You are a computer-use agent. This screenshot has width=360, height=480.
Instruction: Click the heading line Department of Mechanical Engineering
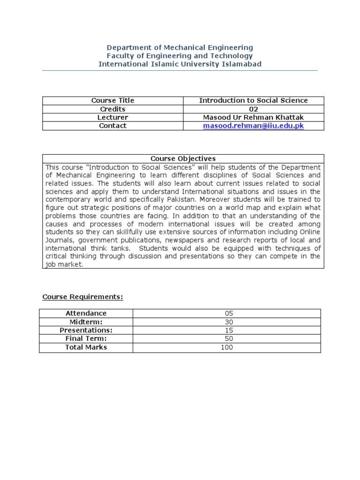point(180,47)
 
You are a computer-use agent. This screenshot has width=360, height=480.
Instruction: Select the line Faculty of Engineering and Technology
point(180,56)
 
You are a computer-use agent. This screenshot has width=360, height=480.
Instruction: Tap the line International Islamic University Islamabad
point(180,64)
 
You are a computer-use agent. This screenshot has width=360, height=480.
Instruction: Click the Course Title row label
point(112,100)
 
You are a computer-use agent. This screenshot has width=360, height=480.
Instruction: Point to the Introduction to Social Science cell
point(253,100)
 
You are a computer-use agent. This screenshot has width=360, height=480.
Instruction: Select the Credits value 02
point(253,109)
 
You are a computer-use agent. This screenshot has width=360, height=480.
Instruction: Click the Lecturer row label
point(112,117)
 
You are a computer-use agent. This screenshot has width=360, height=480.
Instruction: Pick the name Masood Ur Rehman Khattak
point(253,117)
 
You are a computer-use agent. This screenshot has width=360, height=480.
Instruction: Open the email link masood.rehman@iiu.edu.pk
point(253,126)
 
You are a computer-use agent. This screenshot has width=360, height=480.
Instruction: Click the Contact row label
point(112,126)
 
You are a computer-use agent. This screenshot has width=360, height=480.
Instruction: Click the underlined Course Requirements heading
point(82,297)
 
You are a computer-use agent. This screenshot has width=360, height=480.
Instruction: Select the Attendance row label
point(86,313)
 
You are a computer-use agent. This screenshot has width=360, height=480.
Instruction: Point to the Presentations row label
point(86,330)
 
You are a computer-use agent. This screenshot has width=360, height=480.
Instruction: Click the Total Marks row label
point(86,347)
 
